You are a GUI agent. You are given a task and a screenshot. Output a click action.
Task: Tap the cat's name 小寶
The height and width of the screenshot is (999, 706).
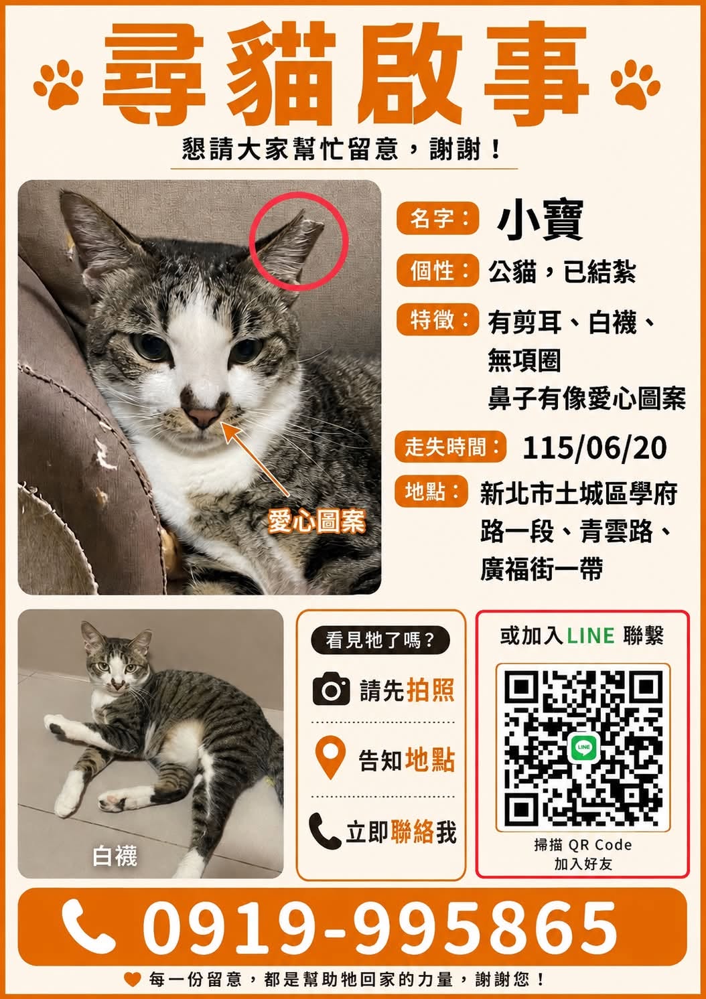540,220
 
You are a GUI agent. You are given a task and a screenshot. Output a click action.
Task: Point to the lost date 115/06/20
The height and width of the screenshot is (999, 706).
594,448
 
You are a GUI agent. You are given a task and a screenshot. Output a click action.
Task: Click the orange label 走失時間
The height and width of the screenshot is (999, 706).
451,447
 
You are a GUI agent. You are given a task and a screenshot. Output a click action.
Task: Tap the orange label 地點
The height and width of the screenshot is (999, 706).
431,492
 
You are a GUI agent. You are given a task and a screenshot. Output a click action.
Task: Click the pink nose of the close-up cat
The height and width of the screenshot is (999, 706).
203,416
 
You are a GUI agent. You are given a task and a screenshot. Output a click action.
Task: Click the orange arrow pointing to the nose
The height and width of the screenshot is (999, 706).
255,459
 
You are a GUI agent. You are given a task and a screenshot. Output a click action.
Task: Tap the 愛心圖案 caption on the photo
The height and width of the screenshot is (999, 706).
316,521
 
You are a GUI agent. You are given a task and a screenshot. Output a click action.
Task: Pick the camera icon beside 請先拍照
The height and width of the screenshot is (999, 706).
331,690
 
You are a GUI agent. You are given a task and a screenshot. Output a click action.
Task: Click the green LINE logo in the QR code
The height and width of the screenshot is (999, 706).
583,747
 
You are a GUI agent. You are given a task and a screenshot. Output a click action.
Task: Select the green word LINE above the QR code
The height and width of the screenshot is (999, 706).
590,636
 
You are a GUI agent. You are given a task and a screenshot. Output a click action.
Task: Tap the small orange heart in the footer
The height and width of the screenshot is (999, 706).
133,979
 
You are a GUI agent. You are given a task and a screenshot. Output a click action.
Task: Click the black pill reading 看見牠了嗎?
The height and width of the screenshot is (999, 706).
380,640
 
